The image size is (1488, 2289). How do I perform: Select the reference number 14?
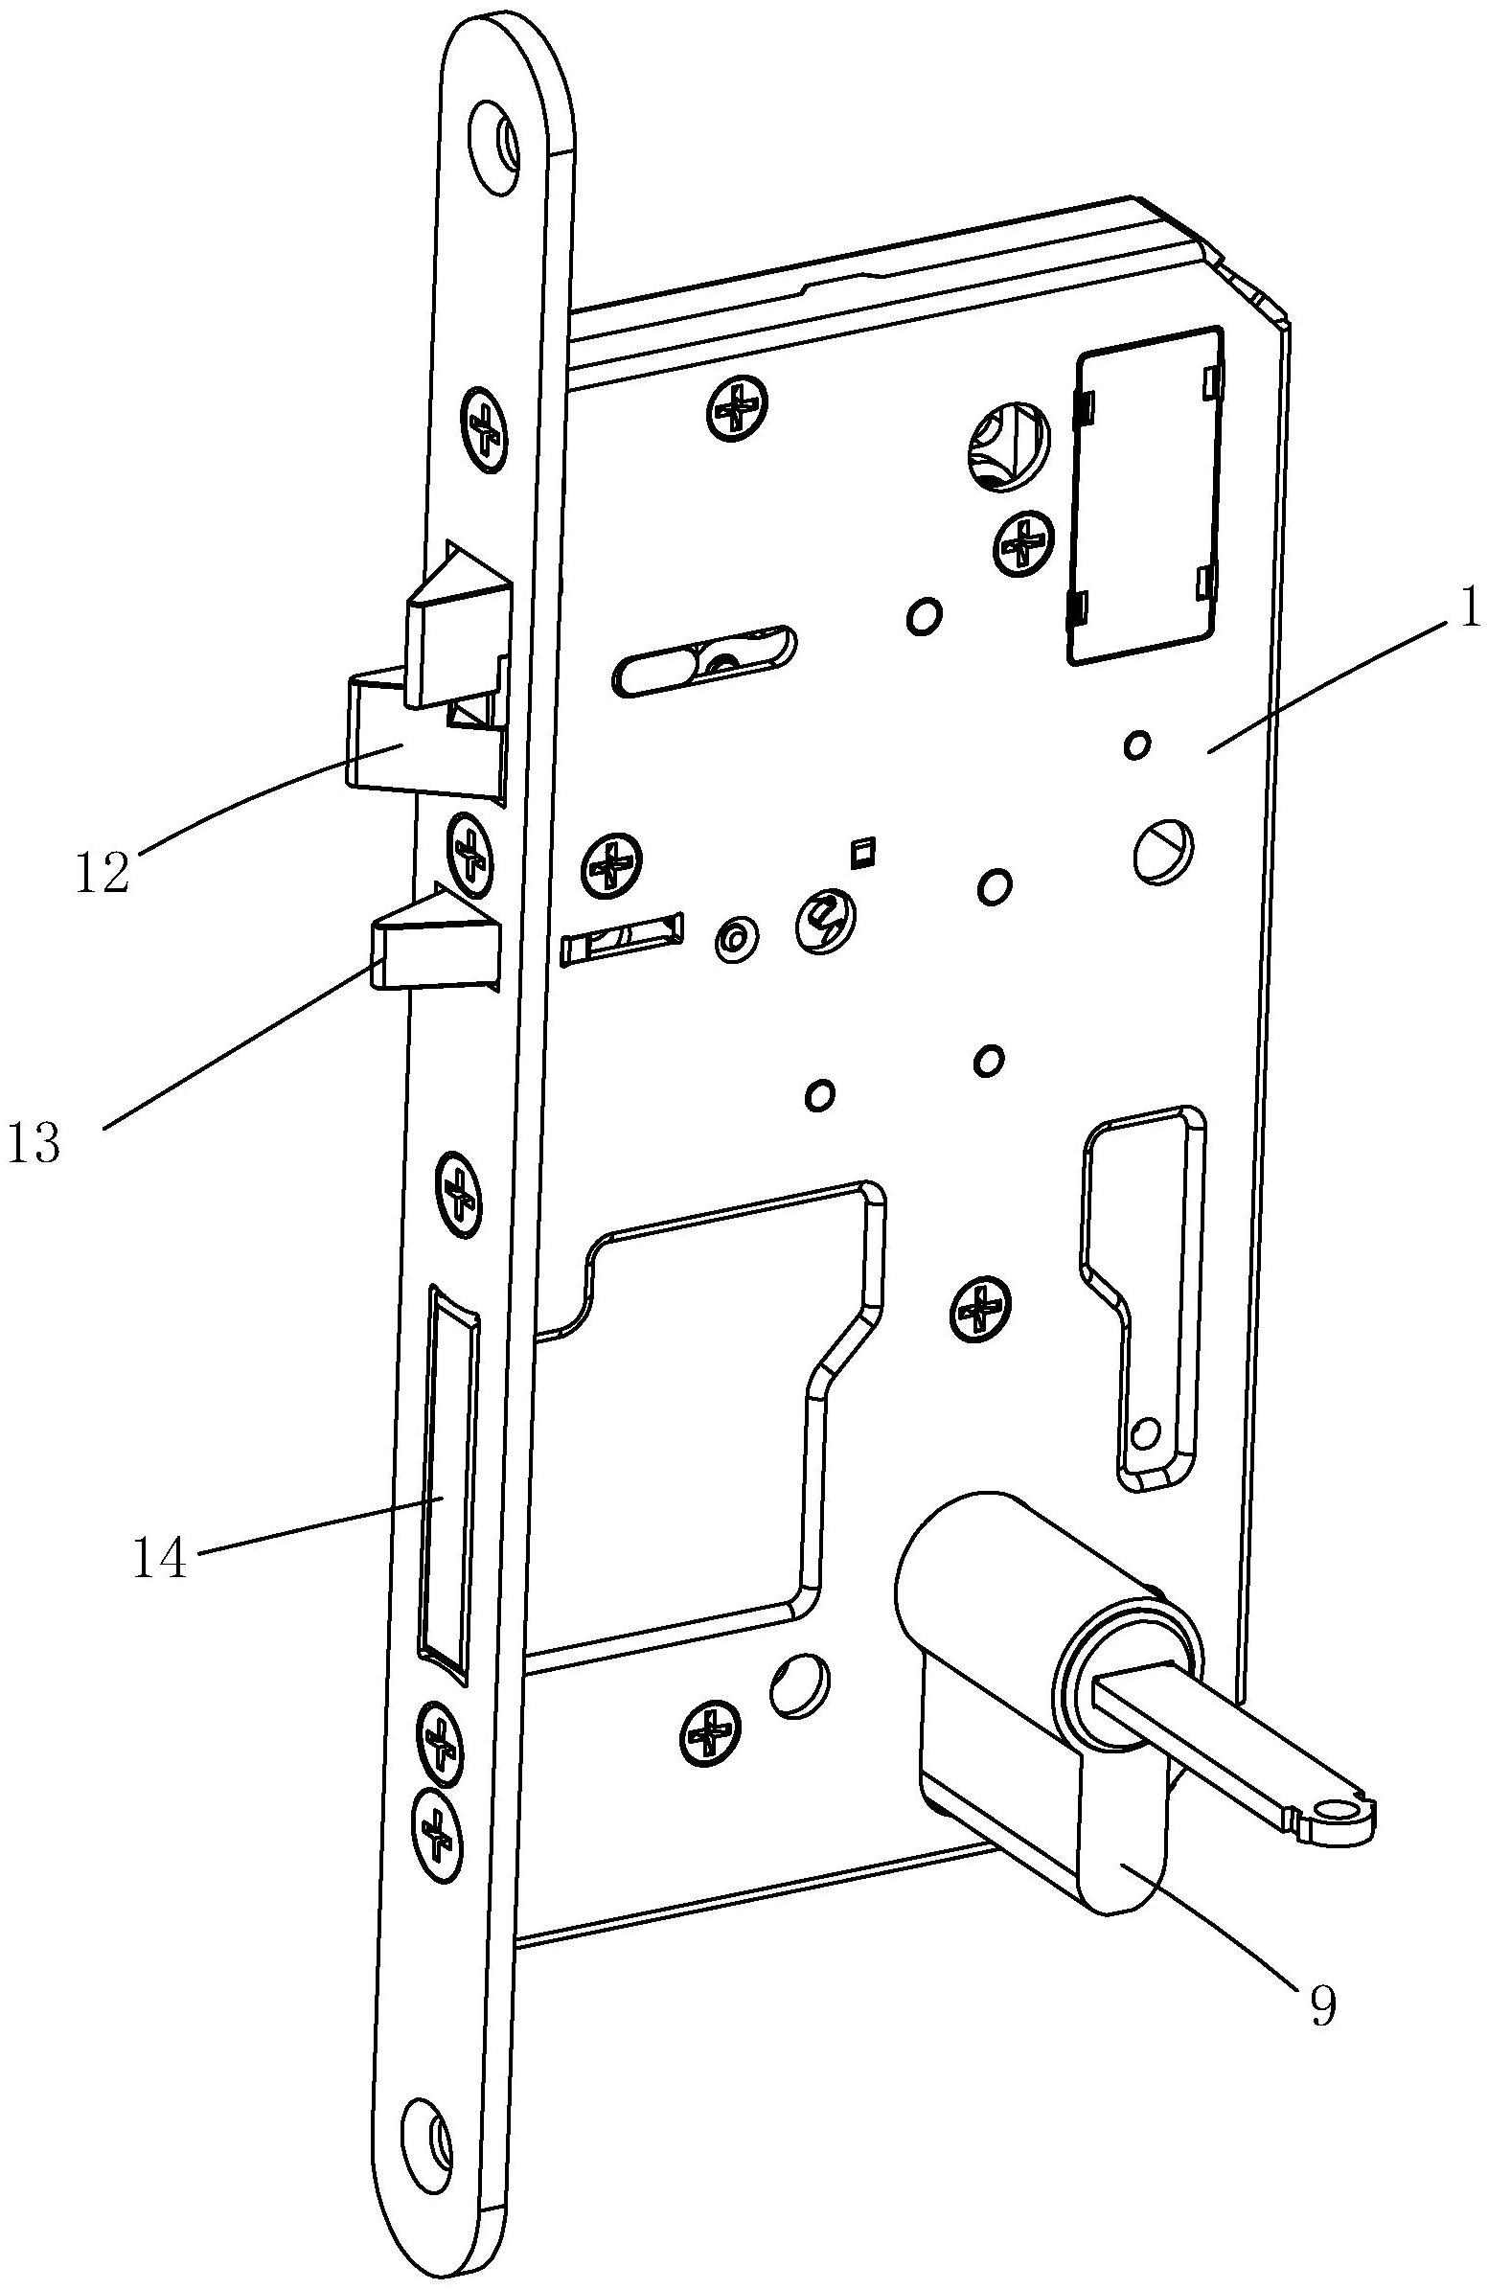160,1558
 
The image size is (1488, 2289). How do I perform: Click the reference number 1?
1469,611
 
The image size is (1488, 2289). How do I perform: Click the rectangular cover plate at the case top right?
1145,494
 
